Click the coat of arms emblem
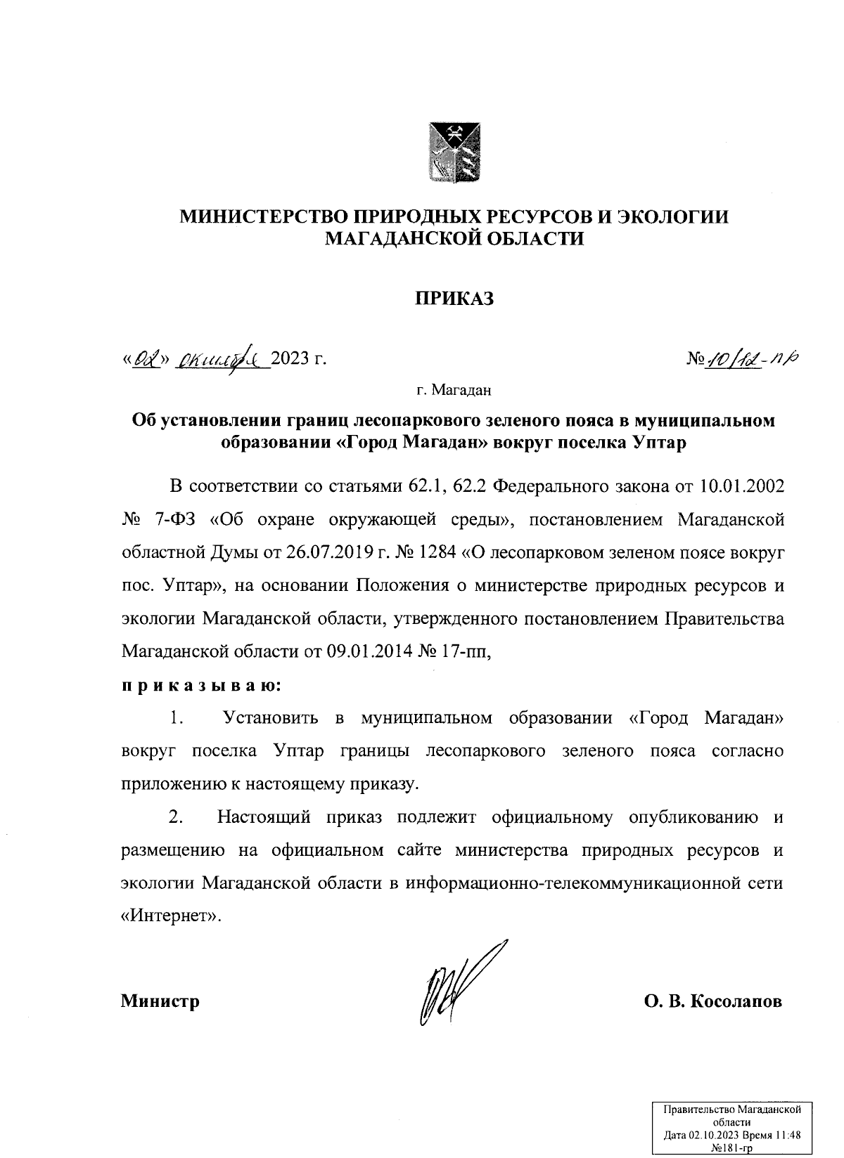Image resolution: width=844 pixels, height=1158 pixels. click(454, 150)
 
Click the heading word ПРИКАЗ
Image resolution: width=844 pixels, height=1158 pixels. click(454, 299)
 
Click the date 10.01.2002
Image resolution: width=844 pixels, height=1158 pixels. click(743, 486)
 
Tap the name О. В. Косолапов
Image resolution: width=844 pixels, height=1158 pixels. click(712, 1001)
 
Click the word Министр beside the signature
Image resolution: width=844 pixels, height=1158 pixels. click(160, 1001)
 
